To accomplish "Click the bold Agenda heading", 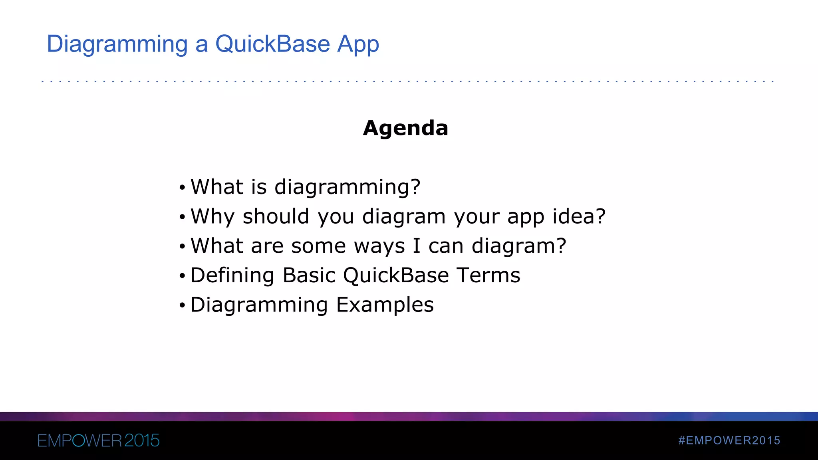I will tap(405, 128).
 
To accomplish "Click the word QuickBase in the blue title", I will tap(272, 44).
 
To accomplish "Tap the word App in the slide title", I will tap(358, 45).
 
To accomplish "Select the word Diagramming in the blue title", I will tap(117, 45).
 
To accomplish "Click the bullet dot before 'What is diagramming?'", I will tap(182, 187).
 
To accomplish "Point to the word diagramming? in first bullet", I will tap(347, 187).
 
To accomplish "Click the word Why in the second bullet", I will tap(212, 217).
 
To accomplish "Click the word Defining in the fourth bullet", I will tap(232, 275).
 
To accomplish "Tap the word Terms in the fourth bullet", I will tap(488, 275).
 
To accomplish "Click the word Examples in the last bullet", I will tap(385, 305).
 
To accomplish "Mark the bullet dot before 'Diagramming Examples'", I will tap(182, 305).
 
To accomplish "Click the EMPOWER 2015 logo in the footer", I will tap(98, 440).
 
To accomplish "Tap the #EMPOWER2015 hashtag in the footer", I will tap(729, 440).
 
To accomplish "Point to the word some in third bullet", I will tap(318, 246).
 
